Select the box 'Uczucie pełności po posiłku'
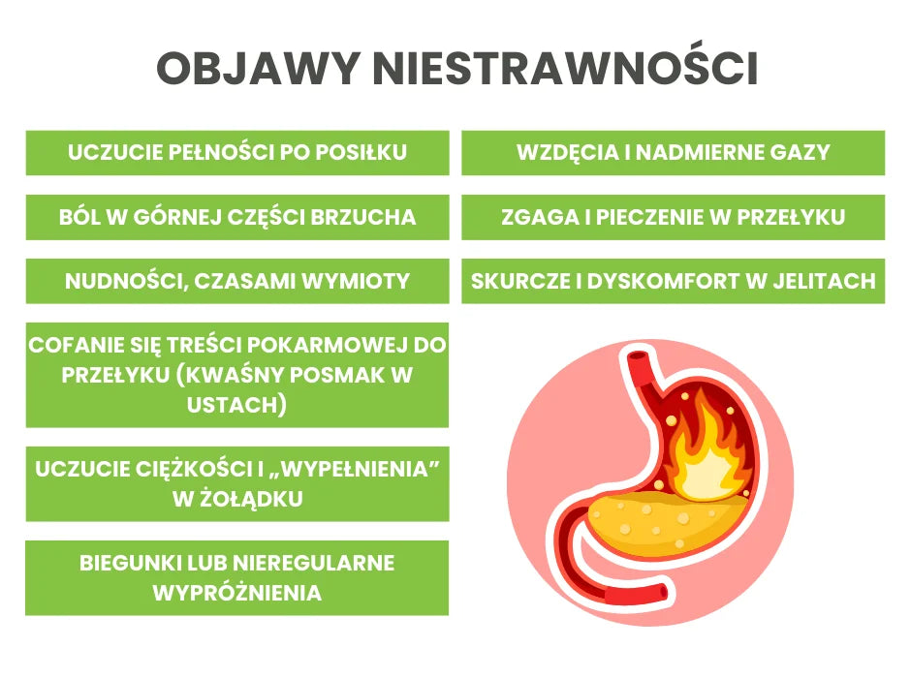point(237,153)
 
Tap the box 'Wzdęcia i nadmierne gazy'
point(673,153)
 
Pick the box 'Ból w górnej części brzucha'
point(237,217)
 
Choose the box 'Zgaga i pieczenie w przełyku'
point(673,217)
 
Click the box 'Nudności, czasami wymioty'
point(237,281)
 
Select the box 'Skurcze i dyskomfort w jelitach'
point(673,281)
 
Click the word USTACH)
point(237,405)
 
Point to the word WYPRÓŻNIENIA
point(237,593)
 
